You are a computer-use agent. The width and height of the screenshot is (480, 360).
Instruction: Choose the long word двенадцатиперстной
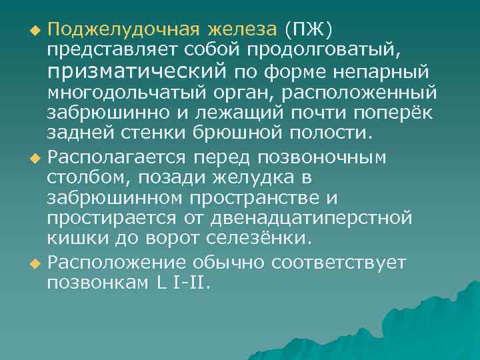click(306, 219)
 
